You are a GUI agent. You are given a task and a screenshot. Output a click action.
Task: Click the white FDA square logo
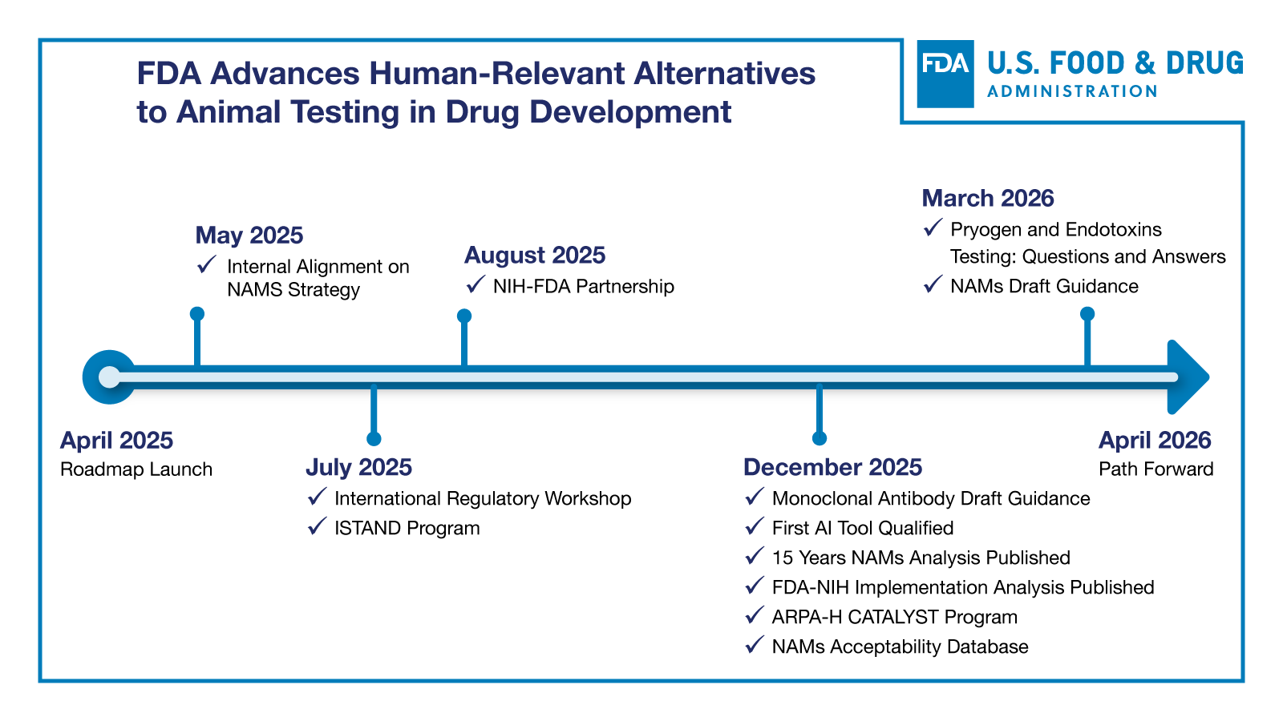click(x=945, y=74)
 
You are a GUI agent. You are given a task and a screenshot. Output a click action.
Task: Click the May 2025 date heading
click(x=249, y=235)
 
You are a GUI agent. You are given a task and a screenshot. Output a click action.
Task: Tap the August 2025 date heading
click(x=535, y=255)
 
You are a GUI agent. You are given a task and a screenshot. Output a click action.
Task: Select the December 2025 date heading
click(x=832, y=467)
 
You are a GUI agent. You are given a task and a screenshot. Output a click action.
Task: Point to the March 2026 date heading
click(x=987, y=198)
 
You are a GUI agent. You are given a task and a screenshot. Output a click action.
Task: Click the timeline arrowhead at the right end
click(x=1188, y=377)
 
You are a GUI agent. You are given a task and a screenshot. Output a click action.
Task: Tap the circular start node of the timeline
click(x=109, y=377)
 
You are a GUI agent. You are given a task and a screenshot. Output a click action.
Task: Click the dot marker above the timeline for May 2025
click(x=197, y=313)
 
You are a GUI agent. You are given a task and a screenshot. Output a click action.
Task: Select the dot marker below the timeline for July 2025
click(x=374, y=438)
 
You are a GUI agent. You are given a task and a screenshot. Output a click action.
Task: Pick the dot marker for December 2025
click(x=819, y=438)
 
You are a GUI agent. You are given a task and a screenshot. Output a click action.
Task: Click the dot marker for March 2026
click(x=1087, y=313)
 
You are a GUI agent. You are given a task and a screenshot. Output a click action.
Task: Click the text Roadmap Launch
click(x=136, y=469)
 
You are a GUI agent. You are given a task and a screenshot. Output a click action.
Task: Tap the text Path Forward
click(x=1156, y=469)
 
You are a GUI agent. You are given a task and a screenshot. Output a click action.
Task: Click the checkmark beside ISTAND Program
click(x=318, y=526)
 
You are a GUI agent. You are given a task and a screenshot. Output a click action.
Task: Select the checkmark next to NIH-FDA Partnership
click(x=476, y=284)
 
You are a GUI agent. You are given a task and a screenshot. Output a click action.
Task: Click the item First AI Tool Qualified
click(x=862, y=528)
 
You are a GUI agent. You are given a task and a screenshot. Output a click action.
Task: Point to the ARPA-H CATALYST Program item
click(x=894, y=617)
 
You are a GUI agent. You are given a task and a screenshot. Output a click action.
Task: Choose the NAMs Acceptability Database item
click(x=900, y=646)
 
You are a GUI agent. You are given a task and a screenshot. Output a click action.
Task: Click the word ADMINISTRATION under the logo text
click(x=1072, y=91)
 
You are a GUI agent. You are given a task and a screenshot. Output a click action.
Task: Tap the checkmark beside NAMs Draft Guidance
click(x=932, y=284)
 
